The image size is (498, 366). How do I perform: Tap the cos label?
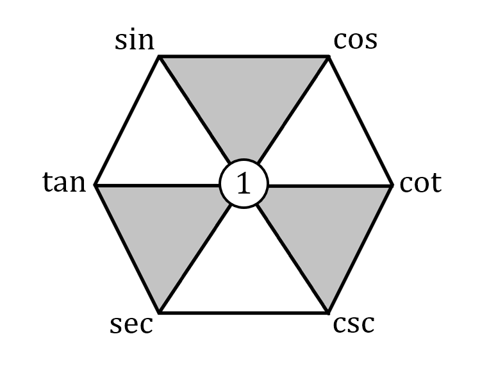tap(356, 40)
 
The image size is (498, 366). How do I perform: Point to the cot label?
tap(420, 183)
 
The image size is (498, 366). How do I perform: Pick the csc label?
tap(353, 324)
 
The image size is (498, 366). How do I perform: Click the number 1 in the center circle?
tap(244, 185)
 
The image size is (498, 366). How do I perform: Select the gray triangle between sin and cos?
tap(244, 103)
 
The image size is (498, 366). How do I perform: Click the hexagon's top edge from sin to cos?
tap(244, 56)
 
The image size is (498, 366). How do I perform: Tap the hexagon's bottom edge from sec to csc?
tap(244, 313)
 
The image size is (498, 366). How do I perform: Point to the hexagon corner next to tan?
tap(95, 185)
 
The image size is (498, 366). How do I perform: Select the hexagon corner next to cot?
tap(392, 185)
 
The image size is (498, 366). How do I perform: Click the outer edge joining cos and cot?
tap(360, 121)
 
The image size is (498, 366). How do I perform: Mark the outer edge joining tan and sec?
tap(127, 249)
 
